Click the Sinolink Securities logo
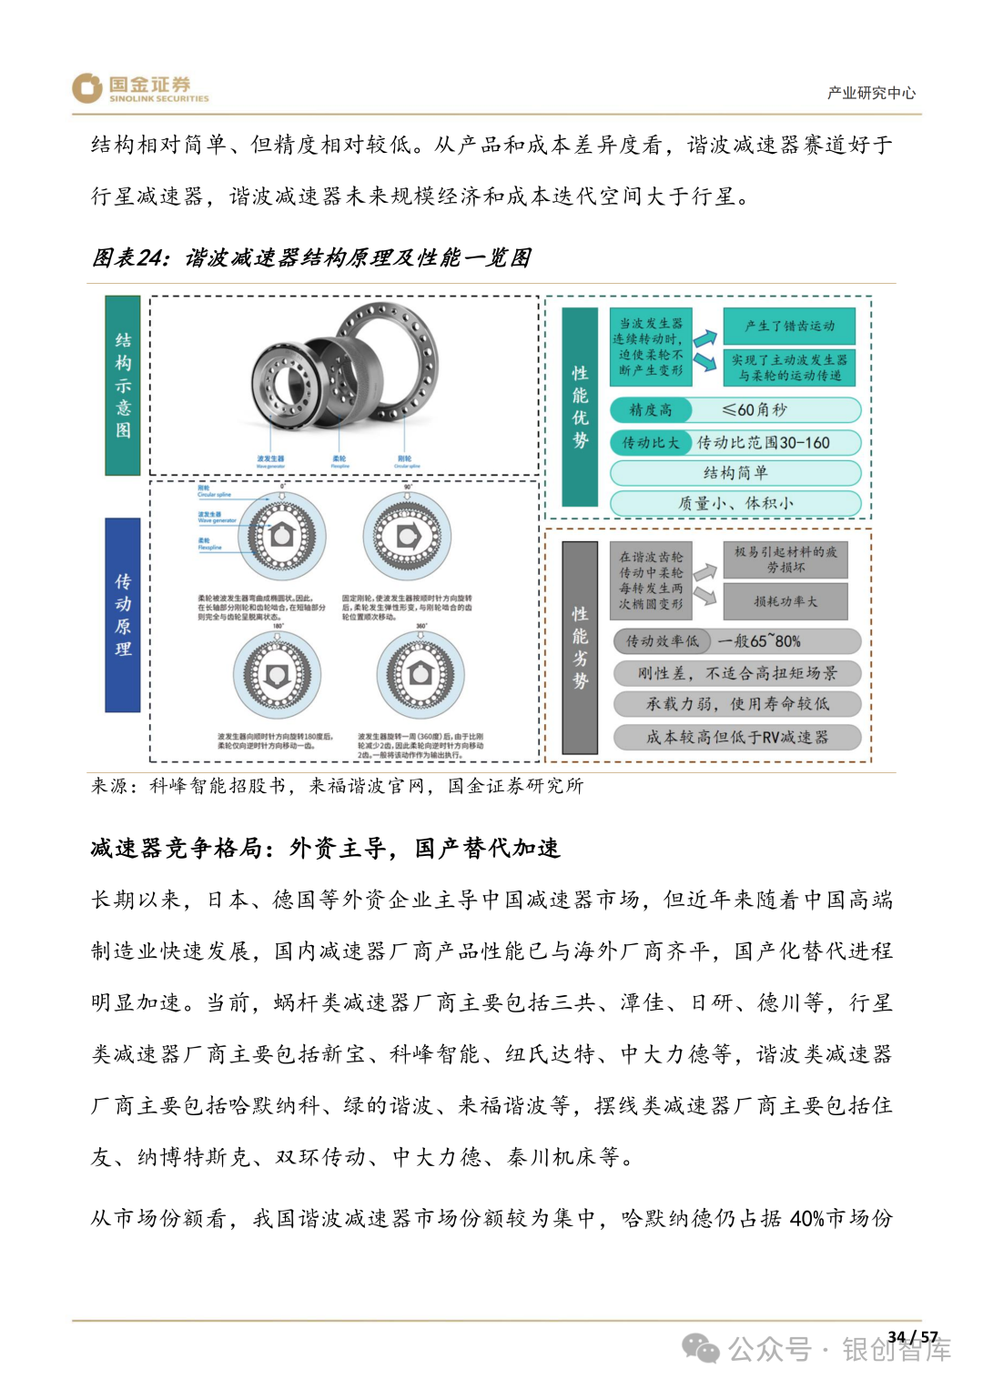coord(140,88)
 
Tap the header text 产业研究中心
coord(871,93)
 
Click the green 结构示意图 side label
coord(123,385)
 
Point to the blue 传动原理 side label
coord(123,615)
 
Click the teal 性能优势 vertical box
coord(580,407)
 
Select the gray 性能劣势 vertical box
coord(580,648)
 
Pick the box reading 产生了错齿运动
coord(788,326)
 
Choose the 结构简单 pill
coord(735,473)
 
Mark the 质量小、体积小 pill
coord(735,503)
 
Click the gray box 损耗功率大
coord(785,601)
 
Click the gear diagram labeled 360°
coord(421,675)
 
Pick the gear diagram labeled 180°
coord(278,675)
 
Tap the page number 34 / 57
coord(912,1336)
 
